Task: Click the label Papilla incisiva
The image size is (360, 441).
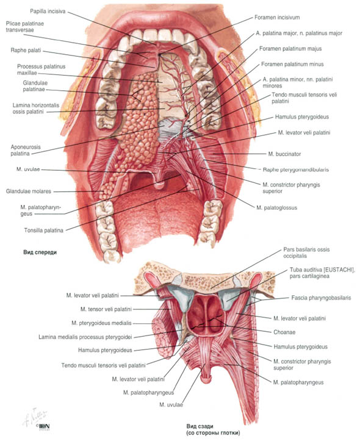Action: pos(48,12)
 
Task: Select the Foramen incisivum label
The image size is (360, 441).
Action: pos(277,18)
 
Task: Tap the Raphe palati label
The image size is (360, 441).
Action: pos(26,51)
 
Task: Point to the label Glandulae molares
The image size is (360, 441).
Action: pos(29,192)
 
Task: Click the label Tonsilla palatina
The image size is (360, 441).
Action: pos(43,231)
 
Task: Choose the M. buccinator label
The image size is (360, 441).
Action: pos(284,154)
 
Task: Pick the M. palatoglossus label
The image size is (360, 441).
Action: pos(277,208)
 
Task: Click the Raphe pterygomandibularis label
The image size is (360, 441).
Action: pos(296,170)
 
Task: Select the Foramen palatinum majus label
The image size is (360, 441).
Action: pos(290,49)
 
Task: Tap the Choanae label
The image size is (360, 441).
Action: pos(284,332)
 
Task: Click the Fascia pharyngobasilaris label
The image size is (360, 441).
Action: pos(321,298)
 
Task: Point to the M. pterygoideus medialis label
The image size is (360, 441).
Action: pos(101,323)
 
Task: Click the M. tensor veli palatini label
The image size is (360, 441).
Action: pos(106,309)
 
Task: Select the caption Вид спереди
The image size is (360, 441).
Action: pos(40,253)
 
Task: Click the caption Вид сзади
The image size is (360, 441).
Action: pos(200,426)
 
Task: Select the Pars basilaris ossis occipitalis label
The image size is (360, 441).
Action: pos(306,253)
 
